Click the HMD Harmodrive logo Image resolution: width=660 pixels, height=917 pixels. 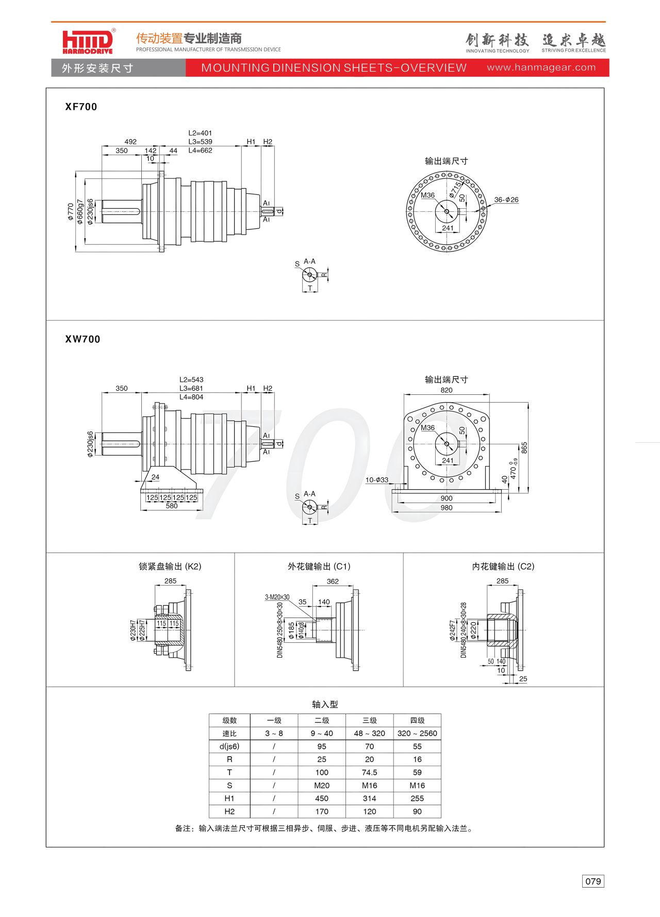pyautogui.click(x=88, y=42)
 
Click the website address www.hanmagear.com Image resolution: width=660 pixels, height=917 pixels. pyautogui.click(x=541, y=68)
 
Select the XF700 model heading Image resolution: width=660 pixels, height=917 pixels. pyautogui.click(x=81, y=107)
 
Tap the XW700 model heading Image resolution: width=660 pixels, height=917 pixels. pyautogui.click(x=82, y=339)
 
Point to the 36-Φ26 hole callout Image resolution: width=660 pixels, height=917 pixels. pyautogui.click(x=506, y=199)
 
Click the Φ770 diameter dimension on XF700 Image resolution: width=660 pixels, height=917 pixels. pyautogui.click(x=71, y=212)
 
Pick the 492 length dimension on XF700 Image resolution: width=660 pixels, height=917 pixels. pyautogui.click(x=130, y=142)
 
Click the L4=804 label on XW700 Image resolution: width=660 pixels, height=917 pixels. pyautogui.click(x=191, y=397)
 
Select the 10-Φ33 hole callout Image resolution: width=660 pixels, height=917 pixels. pyautogui.click(x=377, y=480)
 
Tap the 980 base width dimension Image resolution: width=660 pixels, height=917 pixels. pyautogui.click(x=447, y=508)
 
